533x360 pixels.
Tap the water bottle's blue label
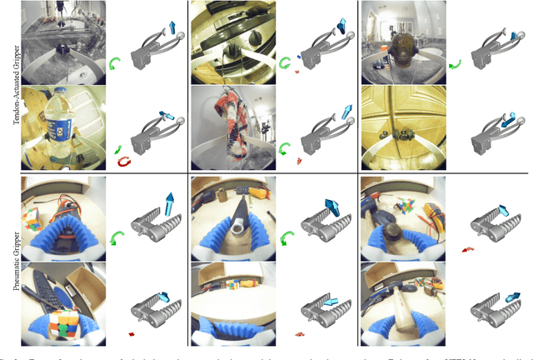57,125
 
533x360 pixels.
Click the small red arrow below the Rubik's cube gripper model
131,334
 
